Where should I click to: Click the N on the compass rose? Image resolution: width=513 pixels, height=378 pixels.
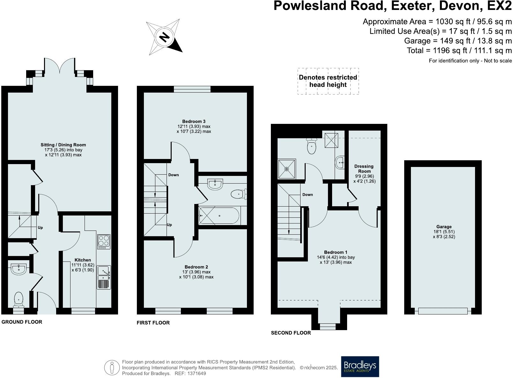pyautogui.click(x=164, y=38)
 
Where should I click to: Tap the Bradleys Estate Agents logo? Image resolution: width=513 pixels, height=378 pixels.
pyautogui.click(x=360, y=367)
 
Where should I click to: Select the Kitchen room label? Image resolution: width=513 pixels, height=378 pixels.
pyautogui.click(x=83, y=260)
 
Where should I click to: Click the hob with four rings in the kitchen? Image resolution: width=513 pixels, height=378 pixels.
pyautogui.click(x=104, y=242)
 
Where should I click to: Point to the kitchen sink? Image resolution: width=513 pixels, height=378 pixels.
pyautogui.click(x=104, y=277)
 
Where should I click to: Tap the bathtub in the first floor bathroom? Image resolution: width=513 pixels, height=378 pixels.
pyautogui.click(x=219, y=215)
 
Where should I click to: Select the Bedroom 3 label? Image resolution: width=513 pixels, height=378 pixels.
pyautogui.click(x=194, y=121)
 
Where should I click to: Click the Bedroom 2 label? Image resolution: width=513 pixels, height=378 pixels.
pyautogui.click(x=196, y=267)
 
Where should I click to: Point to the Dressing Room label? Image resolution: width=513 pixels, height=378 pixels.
pyautogui.click(x=364, y=169)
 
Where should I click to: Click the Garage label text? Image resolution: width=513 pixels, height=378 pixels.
pyautogui.click(x=444, y=227)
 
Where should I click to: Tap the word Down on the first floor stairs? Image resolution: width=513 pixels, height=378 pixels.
pyautogui.click(x=174, y=175)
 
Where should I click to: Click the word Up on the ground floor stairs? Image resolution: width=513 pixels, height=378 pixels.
pyautogui.click(x=40, y=228)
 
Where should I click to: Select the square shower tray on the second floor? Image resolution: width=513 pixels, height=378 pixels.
pyautogui.click(x=287, y=169)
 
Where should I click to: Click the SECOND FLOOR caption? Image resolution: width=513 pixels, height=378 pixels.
pyautogui.click(x=291, y=333)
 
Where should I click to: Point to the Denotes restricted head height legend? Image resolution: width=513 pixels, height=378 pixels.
pyautogui.click(x=328, y=81)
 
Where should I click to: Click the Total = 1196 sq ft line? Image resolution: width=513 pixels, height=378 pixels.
pyautogui.click(x=459, y=50)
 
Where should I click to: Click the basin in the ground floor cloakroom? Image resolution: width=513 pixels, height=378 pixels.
pyautogui.click(x=19, y=269)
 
